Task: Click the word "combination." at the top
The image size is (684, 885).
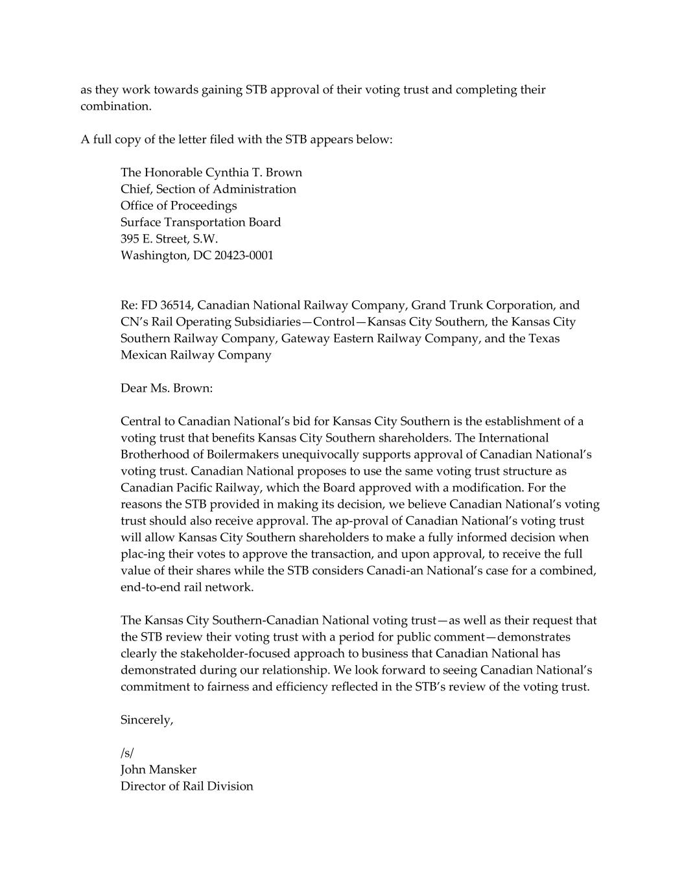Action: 116,106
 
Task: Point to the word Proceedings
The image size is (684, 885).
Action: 207,206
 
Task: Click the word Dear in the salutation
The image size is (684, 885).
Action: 134,388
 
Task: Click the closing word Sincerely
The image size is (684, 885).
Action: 147,720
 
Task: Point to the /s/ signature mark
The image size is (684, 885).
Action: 127,753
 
